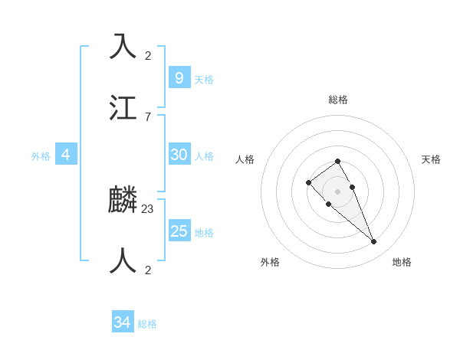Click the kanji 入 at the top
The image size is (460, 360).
pyautogui.click(x=123, y=46)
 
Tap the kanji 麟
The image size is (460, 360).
pyautogui.click(x=123, y=201)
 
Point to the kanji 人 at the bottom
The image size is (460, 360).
pyautogui.click(x=123, y=261)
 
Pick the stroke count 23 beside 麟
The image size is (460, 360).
pyautogui.click(x=148, y=208)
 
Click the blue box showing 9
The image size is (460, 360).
pyautogui.click(x=179, y=77)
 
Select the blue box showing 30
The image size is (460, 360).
pyautogui.click(x=179, y=155)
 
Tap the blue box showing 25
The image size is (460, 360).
pyautogui.click(x=179, y=231)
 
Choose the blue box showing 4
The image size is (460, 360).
pyautogui.click(x=66, y=155)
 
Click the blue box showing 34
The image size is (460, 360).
pyautogui.click(x=122, y=322)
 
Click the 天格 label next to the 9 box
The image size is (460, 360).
pyautogui.click(x=204, y=80)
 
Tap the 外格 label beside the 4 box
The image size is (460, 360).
pyautogui.click(x=41, y=156)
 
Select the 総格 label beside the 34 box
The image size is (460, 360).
pyautogui.click(x=147, y=325)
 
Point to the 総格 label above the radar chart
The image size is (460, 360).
pyautogui.click(x=338, y=100)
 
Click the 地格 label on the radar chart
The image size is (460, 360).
pyautogui.click(x=402, y=262)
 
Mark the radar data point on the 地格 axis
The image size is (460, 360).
pyautogui.click(x=374, y=242)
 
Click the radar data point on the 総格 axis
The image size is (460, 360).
pyautogui.click(x=337, y=161)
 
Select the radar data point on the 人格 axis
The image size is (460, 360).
pyautogui.click(x=308, y=182)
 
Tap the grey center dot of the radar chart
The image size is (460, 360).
pyautogui.click(x=337, y=191)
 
